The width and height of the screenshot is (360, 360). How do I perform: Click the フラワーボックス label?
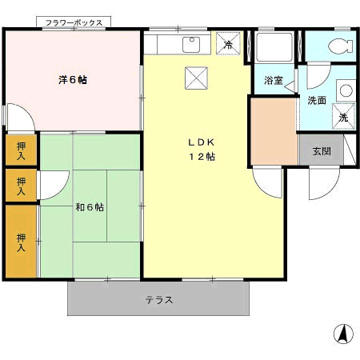tap(74, 22)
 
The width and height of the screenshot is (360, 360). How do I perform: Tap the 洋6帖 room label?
tap(73, 80)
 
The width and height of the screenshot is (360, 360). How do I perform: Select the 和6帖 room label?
tap(90, 207)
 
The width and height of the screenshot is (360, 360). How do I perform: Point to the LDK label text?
tap(202, 142)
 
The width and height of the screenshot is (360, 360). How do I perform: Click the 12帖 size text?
tap(202, 157)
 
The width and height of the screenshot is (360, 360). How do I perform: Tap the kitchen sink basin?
tap(191, 45)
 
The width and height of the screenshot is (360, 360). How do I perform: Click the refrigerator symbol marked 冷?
tap(228, 44)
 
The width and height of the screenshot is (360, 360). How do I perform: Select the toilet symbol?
tap(341, 46)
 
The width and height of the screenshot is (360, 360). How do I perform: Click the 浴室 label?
tap(274, 80)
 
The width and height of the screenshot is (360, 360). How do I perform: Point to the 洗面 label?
tap(317, 101)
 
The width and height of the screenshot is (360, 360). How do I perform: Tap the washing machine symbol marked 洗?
tap(343, 117)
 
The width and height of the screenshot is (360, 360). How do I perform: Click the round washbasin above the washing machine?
tap(346, 90)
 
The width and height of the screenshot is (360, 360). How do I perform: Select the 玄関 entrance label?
tap(322, 151)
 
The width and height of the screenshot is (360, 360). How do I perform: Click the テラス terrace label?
tap(159, 300)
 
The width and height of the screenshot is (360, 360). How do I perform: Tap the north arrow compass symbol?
tap(343, 334)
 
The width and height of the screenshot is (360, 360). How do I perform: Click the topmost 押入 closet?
tap(21, 150)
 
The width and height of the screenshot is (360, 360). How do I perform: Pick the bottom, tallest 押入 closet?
tap(21, 242)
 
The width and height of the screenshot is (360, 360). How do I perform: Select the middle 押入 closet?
tap(21, 186)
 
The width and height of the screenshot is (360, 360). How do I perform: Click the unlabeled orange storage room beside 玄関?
tap(274, 131)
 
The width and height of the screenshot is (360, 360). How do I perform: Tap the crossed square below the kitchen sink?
tap(196, 78)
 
